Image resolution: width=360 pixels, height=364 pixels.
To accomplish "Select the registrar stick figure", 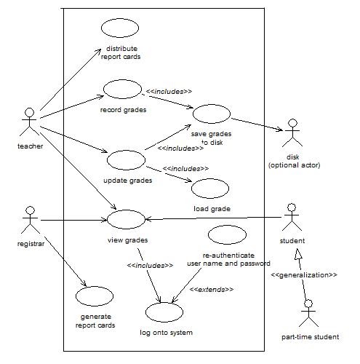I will [x=30, y=219].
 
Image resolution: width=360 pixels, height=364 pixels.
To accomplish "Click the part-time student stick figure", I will [x=309, y=312].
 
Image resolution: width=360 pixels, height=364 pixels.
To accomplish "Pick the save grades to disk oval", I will [x=211, y=112].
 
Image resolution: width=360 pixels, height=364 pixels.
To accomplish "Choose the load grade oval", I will [x=211, y=188].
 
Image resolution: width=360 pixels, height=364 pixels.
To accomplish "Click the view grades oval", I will [x=127, y=218].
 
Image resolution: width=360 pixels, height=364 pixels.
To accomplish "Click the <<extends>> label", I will [x=212, y=290].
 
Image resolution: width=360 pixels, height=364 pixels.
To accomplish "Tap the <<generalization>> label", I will [x=304, y=275].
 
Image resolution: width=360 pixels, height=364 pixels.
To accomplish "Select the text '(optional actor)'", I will [x=294, y=165].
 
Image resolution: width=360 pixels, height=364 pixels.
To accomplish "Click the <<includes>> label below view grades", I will [x=150, y=265].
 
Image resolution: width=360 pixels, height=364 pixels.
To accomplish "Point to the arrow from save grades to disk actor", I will [x=255, y=123].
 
